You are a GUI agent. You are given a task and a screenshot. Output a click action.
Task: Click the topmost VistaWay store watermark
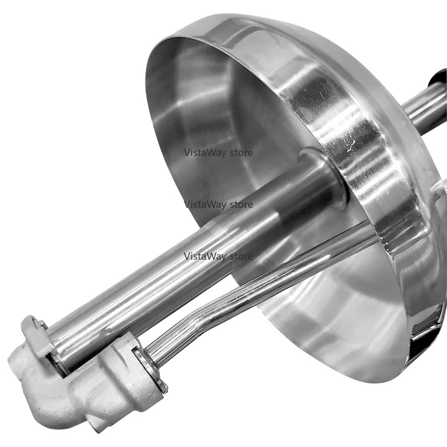219,152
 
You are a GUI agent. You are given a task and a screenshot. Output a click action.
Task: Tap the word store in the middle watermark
241,205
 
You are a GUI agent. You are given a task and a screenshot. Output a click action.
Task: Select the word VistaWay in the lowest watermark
205,256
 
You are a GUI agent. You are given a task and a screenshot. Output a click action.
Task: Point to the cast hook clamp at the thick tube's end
38,334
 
